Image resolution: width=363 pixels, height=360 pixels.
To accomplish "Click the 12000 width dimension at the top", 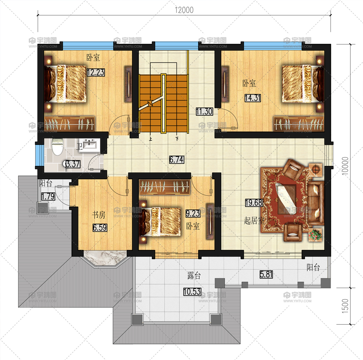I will point(184,10).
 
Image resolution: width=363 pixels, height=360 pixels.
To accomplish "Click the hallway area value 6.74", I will point(177,159).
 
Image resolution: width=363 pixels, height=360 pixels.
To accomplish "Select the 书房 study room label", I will point(99,215).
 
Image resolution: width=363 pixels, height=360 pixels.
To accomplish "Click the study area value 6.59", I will point(100,228).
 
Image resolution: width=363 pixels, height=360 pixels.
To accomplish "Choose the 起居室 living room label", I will point(254,221).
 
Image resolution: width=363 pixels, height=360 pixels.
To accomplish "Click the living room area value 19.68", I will point(254,203).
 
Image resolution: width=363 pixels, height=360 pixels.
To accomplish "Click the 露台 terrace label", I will point(194,276).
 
